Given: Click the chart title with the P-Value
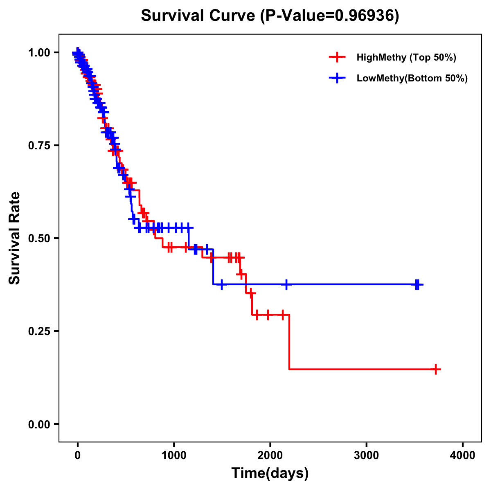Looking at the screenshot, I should (270, 16).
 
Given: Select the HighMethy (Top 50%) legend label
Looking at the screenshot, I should (406, 57).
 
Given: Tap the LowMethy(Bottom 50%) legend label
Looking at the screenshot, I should (412, 78).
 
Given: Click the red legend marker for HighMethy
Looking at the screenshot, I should (337, 57).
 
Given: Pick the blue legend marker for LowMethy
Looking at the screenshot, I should (337, 78).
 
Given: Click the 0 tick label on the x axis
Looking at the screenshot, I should (78, 455).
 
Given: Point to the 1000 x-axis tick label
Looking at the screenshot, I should (174, 455).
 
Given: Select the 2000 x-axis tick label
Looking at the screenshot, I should (270, 455).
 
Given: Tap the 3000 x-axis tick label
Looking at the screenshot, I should (366, 455).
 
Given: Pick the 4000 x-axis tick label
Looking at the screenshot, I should (463, 455).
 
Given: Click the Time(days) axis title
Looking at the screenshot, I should (270, 473).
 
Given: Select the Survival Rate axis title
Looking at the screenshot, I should (15, 238).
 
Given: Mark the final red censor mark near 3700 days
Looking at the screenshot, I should (436, 369).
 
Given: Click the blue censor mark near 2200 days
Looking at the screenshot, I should (286, 284).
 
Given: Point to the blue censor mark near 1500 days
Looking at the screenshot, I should (221, 284).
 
